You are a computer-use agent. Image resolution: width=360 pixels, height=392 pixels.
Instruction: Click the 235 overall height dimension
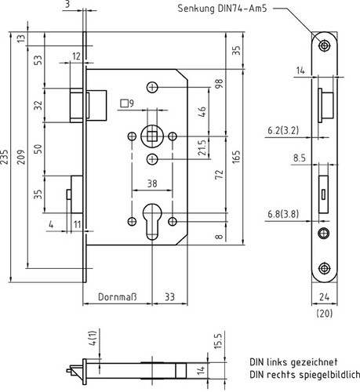tap(4, 157)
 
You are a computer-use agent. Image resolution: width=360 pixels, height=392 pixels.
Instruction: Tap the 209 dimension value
tap(21, 157)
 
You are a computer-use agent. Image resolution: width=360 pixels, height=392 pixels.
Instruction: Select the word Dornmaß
tap(118, 297)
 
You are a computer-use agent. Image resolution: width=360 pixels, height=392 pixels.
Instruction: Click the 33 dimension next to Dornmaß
tap(169, 297)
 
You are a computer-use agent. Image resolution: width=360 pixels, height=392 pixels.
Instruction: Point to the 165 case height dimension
tap(236, 157)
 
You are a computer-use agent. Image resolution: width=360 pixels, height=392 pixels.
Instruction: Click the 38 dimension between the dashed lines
tap(152, 183)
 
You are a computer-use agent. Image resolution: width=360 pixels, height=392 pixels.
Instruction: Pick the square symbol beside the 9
tap(124, 103)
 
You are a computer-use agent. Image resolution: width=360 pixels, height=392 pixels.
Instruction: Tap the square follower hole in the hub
tap(151, 136)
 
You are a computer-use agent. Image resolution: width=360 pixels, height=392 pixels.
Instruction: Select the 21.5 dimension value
tap(202, 148)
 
